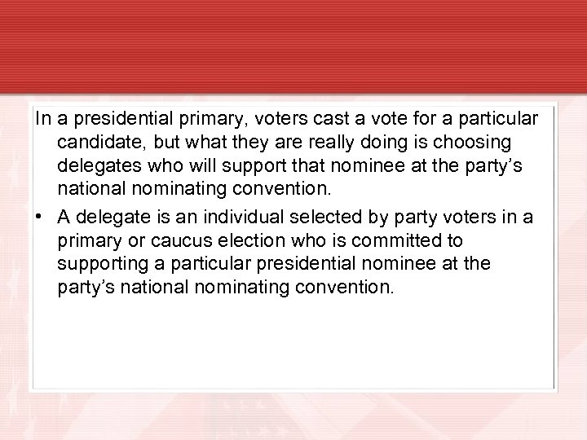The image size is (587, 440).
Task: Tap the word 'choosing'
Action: [477, 143]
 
